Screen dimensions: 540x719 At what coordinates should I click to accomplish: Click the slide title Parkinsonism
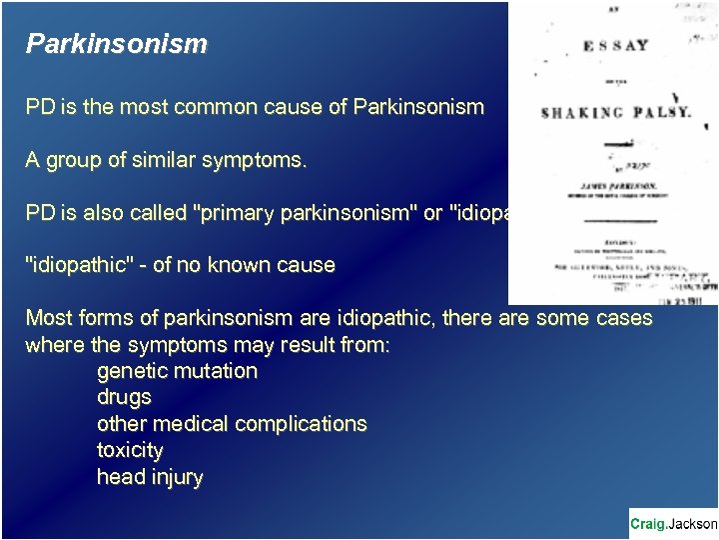[x=116, y=44]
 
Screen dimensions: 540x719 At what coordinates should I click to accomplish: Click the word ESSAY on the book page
[x=615, y=45]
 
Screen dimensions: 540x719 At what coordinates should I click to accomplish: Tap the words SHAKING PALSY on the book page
[x=615, y=112]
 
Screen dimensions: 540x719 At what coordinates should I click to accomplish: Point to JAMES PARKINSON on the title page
[x=613, y=186]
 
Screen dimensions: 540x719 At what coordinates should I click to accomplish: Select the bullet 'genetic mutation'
[x=177, y=371]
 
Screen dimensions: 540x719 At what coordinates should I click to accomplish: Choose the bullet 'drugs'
[x=124, y=397]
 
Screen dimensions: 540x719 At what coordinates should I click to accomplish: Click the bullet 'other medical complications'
[x=232, y=424]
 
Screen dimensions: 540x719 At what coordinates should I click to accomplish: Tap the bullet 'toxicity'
[x=130, y=450]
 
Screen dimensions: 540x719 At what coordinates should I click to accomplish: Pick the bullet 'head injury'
[x=150, y=477]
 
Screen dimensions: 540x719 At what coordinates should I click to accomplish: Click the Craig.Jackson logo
[x=673, y=524]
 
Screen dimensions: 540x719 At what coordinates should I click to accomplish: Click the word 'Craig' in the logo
[x=648, y=524]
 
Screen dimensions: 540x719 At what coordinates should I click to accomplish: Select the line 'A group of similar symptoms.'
[x=167, y=160]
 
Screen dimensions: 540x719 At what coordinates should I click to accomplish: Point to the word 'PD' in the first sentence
[x=40, y=107]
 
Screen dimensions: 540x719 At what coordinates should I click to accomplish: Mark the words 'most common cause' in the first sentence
[x=231, y=107]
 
